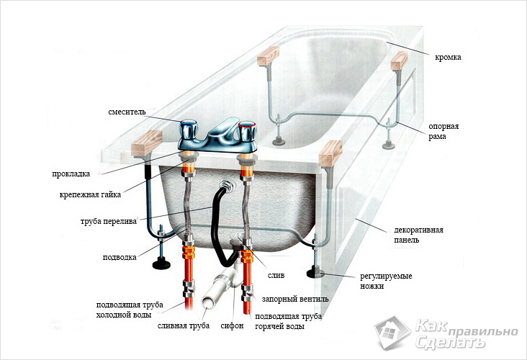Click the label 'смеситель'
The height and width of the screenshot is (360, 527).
[127, 112]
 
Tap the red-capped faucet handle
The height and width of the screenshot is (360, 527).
[247, 131]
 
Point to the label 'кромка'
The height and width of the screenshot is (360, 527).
[448, 57]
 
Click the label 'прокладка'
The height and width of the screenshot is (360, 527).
[71, 174]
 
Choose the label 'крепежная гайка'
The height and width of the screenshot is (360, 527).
[90, 194]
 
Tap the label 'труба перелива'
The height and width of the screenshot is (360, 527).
[109, 222]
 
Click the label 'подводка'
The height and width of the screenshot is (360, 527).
[120, 258]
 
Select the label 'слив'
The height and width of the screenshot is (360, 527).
[276, 275]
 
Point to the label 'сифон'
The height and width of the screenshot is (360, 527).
[232, 325]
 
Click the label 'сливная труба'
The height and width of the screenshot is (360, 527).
[184, 325]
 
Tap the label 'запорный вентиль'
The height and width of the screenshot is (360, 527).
[295, 299]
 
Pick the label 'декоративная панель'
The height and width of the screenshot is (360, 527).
[418, 235]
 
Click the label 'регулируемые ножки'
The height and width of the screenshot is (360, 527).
[386, 281]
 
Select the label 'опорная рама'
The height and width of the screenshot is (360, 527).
[443, 132]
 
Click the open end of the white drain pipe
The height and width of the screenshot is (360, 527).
[208, 302]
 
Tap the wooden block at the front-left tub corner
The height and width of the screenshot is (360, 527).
[147, 143]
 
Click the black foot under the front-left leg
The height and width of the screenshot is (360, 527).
[161, 264]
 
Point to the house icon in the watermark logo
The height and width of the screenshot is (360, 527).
[392, 333]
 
